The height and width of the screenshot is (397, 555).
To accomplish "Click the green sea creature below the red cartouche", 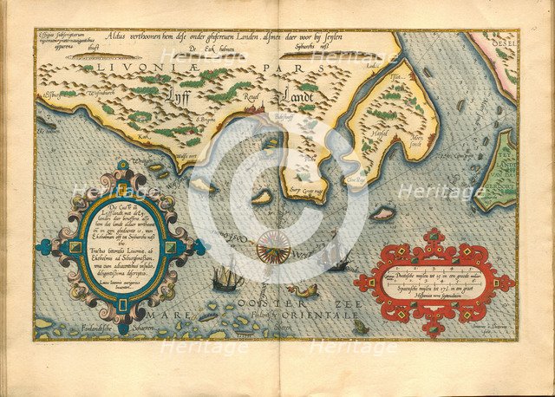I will point(360,327).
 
